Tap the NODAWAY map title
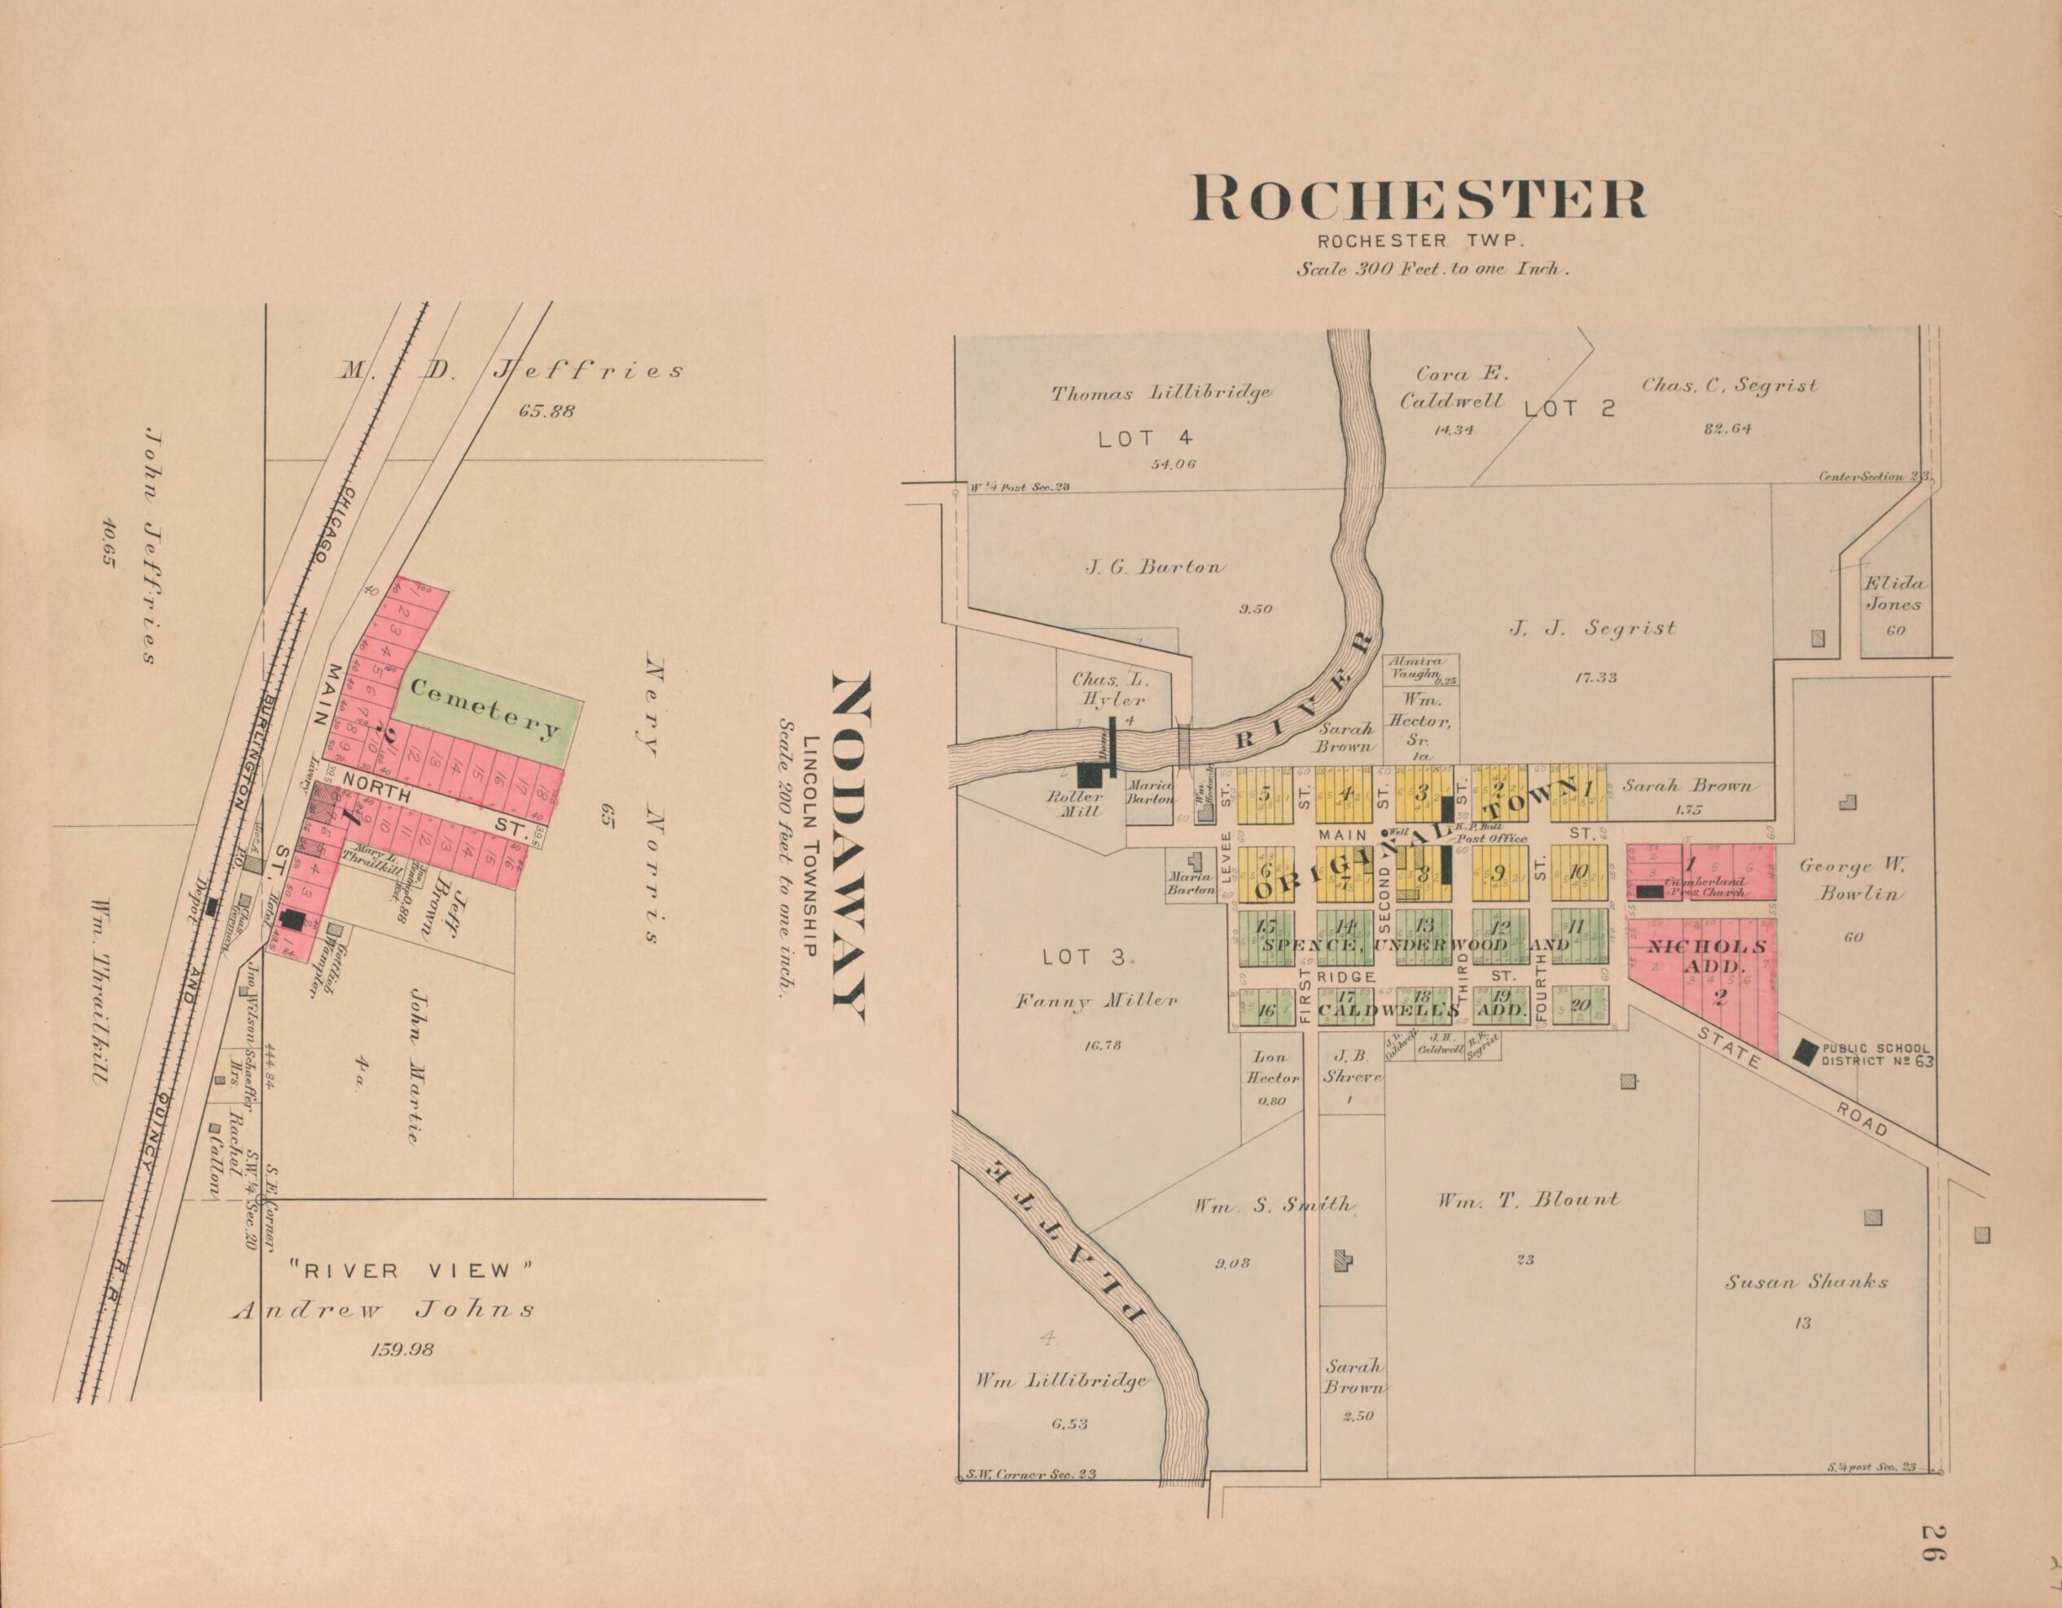pyautogui.click(x=847, y=848)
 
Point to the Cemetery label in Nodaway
pyautogui.click(x=485, y=710)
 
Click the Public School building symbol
pyautogui.click(x=1805, y=1052)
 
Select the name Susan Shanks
pyautogui.click(x=1806, y=1282)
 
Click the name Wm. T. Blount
pyautogui.click(x=1528, y=1200)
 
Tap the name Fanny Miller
pyautogui.click(x=1095, y=1002)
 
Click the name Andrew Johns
pyautogui.click(x=384, y=1310)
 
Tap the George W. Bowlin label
pyautogui.click(x=1851, y=878)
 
